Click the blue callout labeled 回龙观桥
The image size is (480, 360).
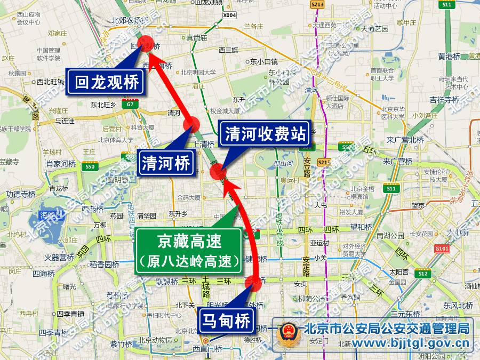coord(107,82)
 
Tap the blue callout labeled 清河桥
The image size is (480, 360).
coord(166,163)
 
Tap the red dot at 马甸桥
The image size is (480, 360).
coord(255,284)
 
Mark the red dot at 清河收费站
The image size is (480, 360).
coord(217,172)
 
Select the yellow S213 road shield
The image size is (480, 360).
coord(317,4)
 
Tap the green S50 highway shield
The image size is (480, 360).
coord(89,167)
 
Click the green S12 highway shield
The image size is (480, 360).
coord(423,274)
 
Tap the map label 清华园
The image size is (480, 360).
coord(146,216)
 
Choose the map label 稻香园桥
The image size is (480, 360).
coord(104,264)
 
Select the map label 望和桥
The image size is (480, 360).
coord(361,227)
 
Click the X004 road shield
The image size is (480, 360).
coord(229,15)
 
